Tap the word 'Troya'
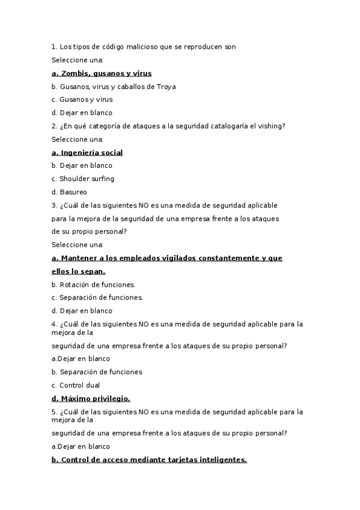[166, 87]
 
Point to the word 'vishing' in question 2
[272, 126]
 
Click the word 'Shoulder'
[74, 179]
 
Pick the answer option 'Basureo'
[73, 192]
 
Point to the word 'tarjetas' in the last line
[177, 459]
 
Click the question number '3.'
[54, 206]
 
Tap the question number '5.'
[54, 412]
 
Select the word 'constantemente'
[222, 258]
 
